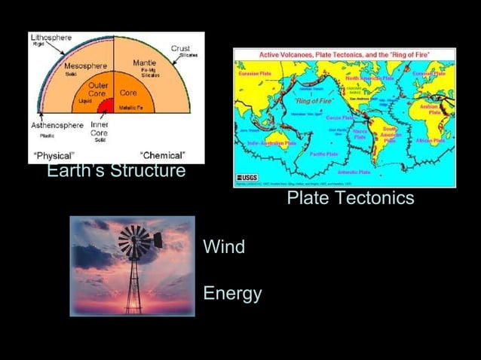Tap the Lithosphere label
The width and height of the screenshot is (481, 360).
pyautogui.click(x=50, y=37)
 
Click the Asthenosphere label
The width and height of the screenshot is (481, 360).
pyautogui.click(x=57, y=125)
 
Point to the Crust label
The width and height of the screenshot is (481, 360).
pyautogui.click(x=181, y=47)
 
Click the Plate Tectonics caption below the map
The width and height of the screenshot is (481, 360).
pyautogui.click(x=351, y=198)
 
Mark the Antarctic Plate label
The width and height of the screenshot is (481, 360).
pyautogui.click(x=353, y=172)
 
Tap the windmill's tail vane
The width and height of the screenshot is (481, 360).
pyautogui.click(x=158, y=240)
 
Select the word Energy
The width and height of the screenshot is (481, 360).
pyautogui.click(x=232, y=293)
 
